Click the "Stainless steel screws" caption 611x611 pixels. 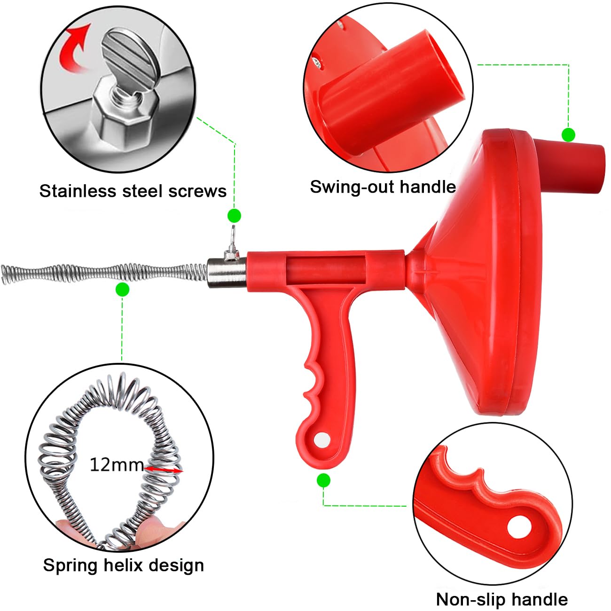(133, 191)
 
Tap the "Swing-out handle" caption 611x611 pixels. (383, 187)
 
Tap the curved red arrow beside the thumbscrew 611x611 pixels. (76, 47)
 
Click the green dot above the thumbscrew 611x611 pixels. (235, 216)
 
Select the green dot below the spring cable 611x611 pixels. (122, 290)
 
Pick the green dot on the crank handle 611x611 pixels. (568, 135)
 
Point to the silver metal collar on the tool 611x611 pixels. (227, 273)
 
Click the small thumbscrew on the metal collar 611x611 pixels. (232, 244)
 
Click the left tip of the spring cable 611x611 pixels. (2, 274)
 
